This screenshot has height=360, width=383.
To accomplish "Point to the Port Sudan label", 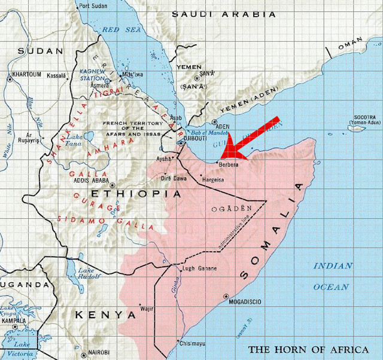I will [x=93, y=6].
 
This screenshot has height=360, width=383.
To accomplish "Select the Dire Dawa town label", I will [x=175, y=178].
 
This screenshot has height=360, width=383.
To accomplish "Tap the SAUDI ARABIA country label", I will [x=224, y=14].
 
